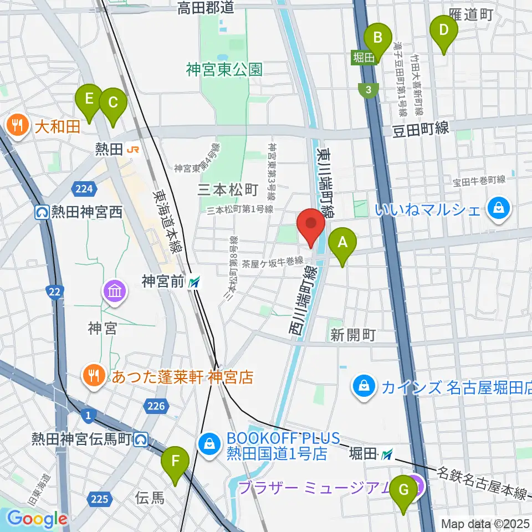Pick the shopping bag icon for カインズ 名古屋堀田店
(x=365, y=386)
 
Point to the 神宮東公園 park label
(x=224, y=70)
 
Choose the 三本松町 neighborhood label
(x=228, y=190)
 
